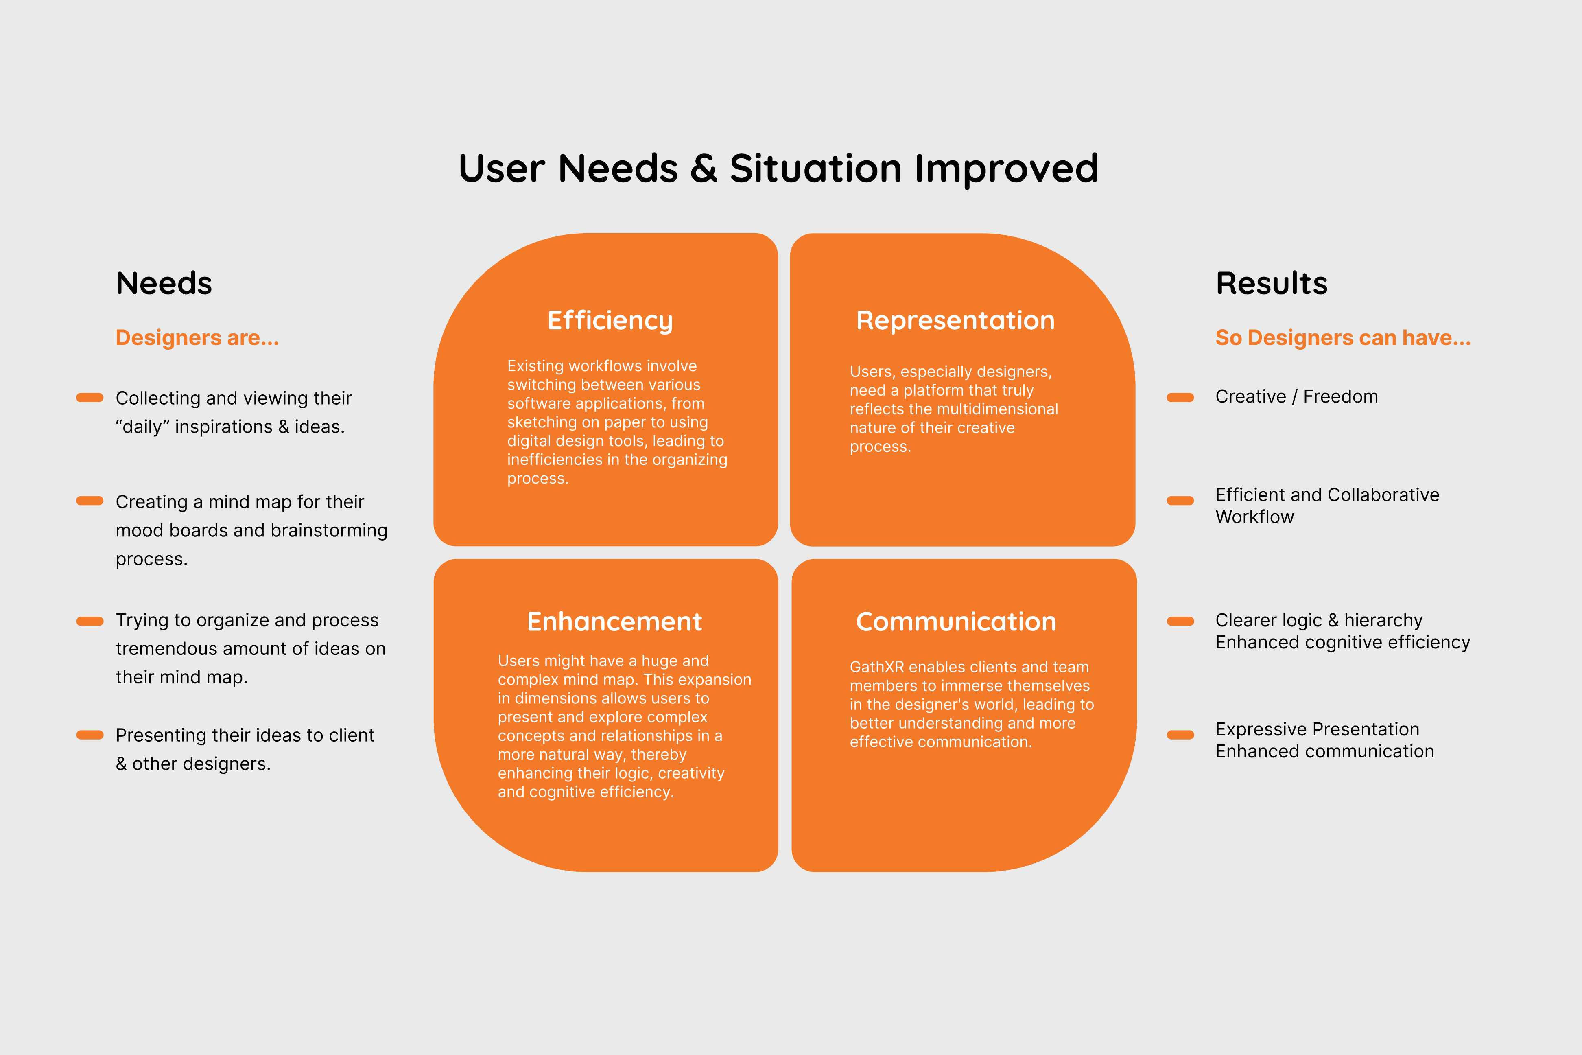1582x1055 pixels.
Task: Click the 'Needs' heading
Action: (x=164, y=283)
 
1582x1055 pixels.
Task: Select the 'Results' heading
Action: (x=1271, y=283)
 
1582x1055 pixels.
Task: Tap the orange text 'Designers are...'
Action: (x=197, y=338)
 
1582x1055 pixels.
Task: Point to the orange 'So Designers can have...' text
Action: (x=1343, y=338)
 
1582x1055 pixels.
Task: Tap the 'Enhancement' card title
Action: (x=614, y=622)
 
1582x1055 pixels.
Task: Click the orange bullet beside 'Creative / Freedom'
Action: (x=1180, y=398)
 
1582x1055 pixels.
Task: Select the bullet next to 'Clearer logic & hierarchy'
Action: (x=1180, y=621)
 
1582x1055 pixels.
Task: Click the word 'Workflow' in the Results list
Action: (x=1254, y=517)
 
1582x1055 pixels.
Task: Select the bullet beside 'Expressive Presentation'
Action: (x=1180, y=735)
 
